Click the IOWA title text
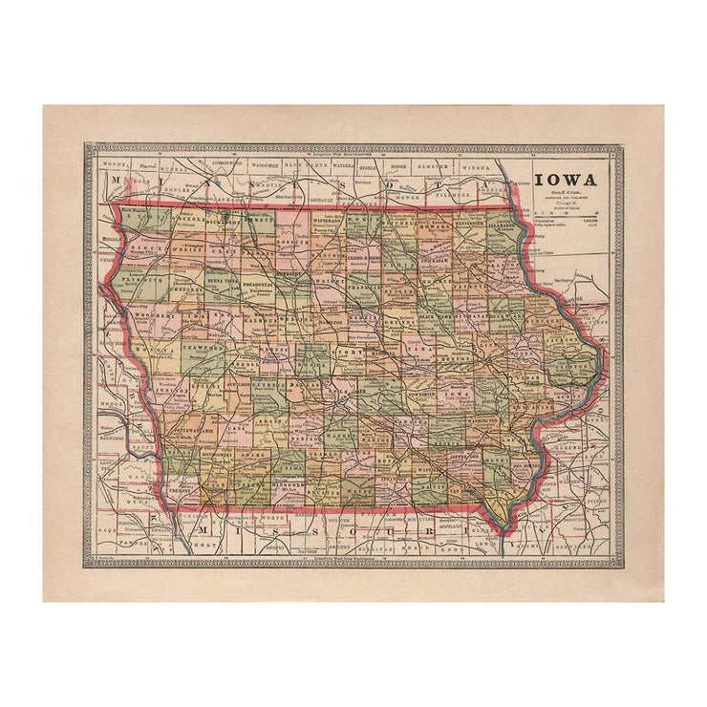click(x=565, y=180)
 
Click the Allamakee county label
click(x=505, y=226)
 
